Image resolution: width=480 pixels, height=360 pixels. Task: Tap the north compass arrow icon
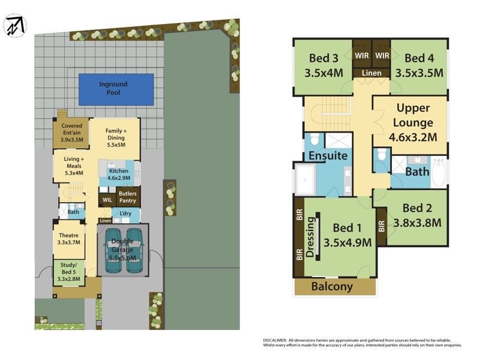click(x=16, y=26)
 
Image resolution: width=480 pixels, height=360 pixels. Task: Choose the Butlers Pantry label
click(x=127, y=197)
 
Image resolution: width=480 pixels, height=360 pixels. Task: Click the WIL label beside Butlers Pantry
click(x=107, y=199)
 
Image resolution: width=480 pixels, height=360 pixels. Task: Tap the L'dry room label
click(x=125, y=214)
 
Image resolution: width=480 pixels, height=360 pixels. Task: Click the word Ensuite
click(x=328, y=156)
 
